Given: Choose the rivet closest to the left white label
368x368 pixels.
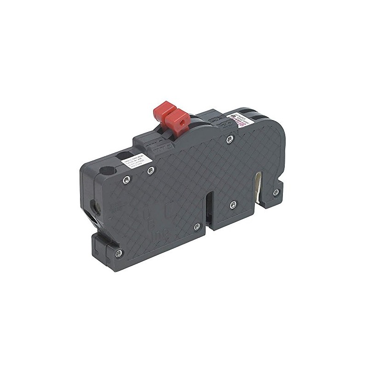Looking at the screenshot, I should [149, 171].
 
